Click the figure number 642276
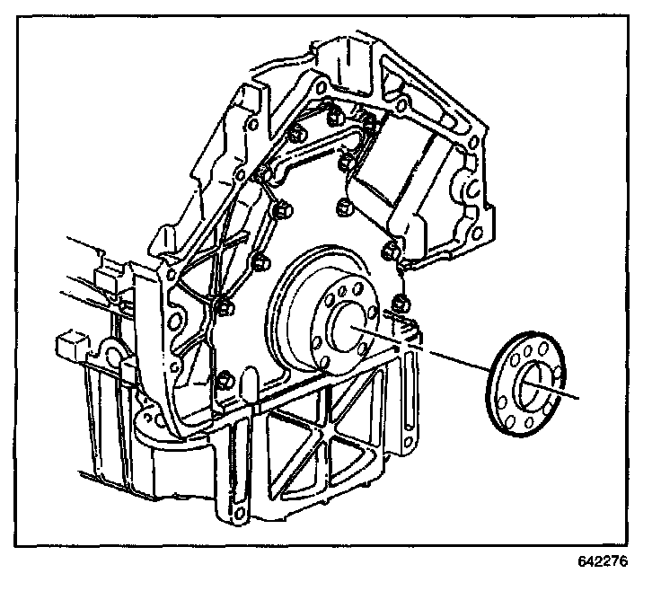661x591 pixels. tap(604, 563)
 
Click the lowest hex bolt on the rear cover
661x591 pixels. tap(226, 381)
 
